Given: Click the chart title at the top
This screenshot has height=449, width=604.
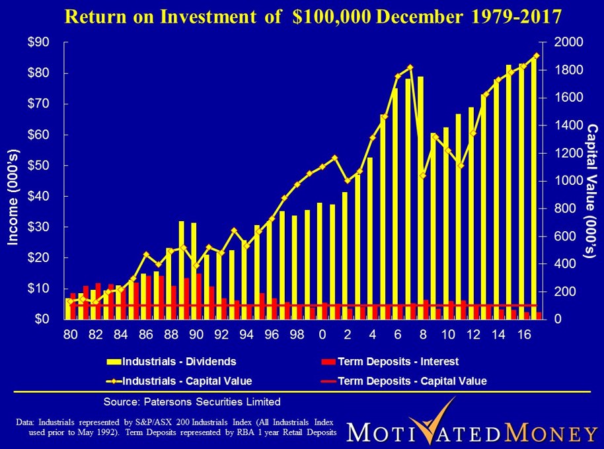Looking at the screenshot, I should [x=301, y=15].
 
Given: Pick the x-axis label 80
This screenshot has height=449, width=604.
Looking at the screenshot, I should [x=70, y=335].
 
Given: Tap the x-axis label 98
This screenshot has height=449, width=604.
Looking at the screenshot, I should [x=296, y=335].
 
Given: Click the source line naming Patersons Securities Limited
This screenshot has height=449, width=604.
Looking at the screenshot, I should [x=192, y=401].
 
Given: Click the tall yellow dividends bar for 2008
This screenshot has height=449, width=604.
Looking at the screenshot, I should [x=421, y=198].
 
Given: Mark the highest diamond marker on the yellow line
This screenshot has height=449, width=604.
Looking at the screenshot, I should [x=536, y=55].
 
